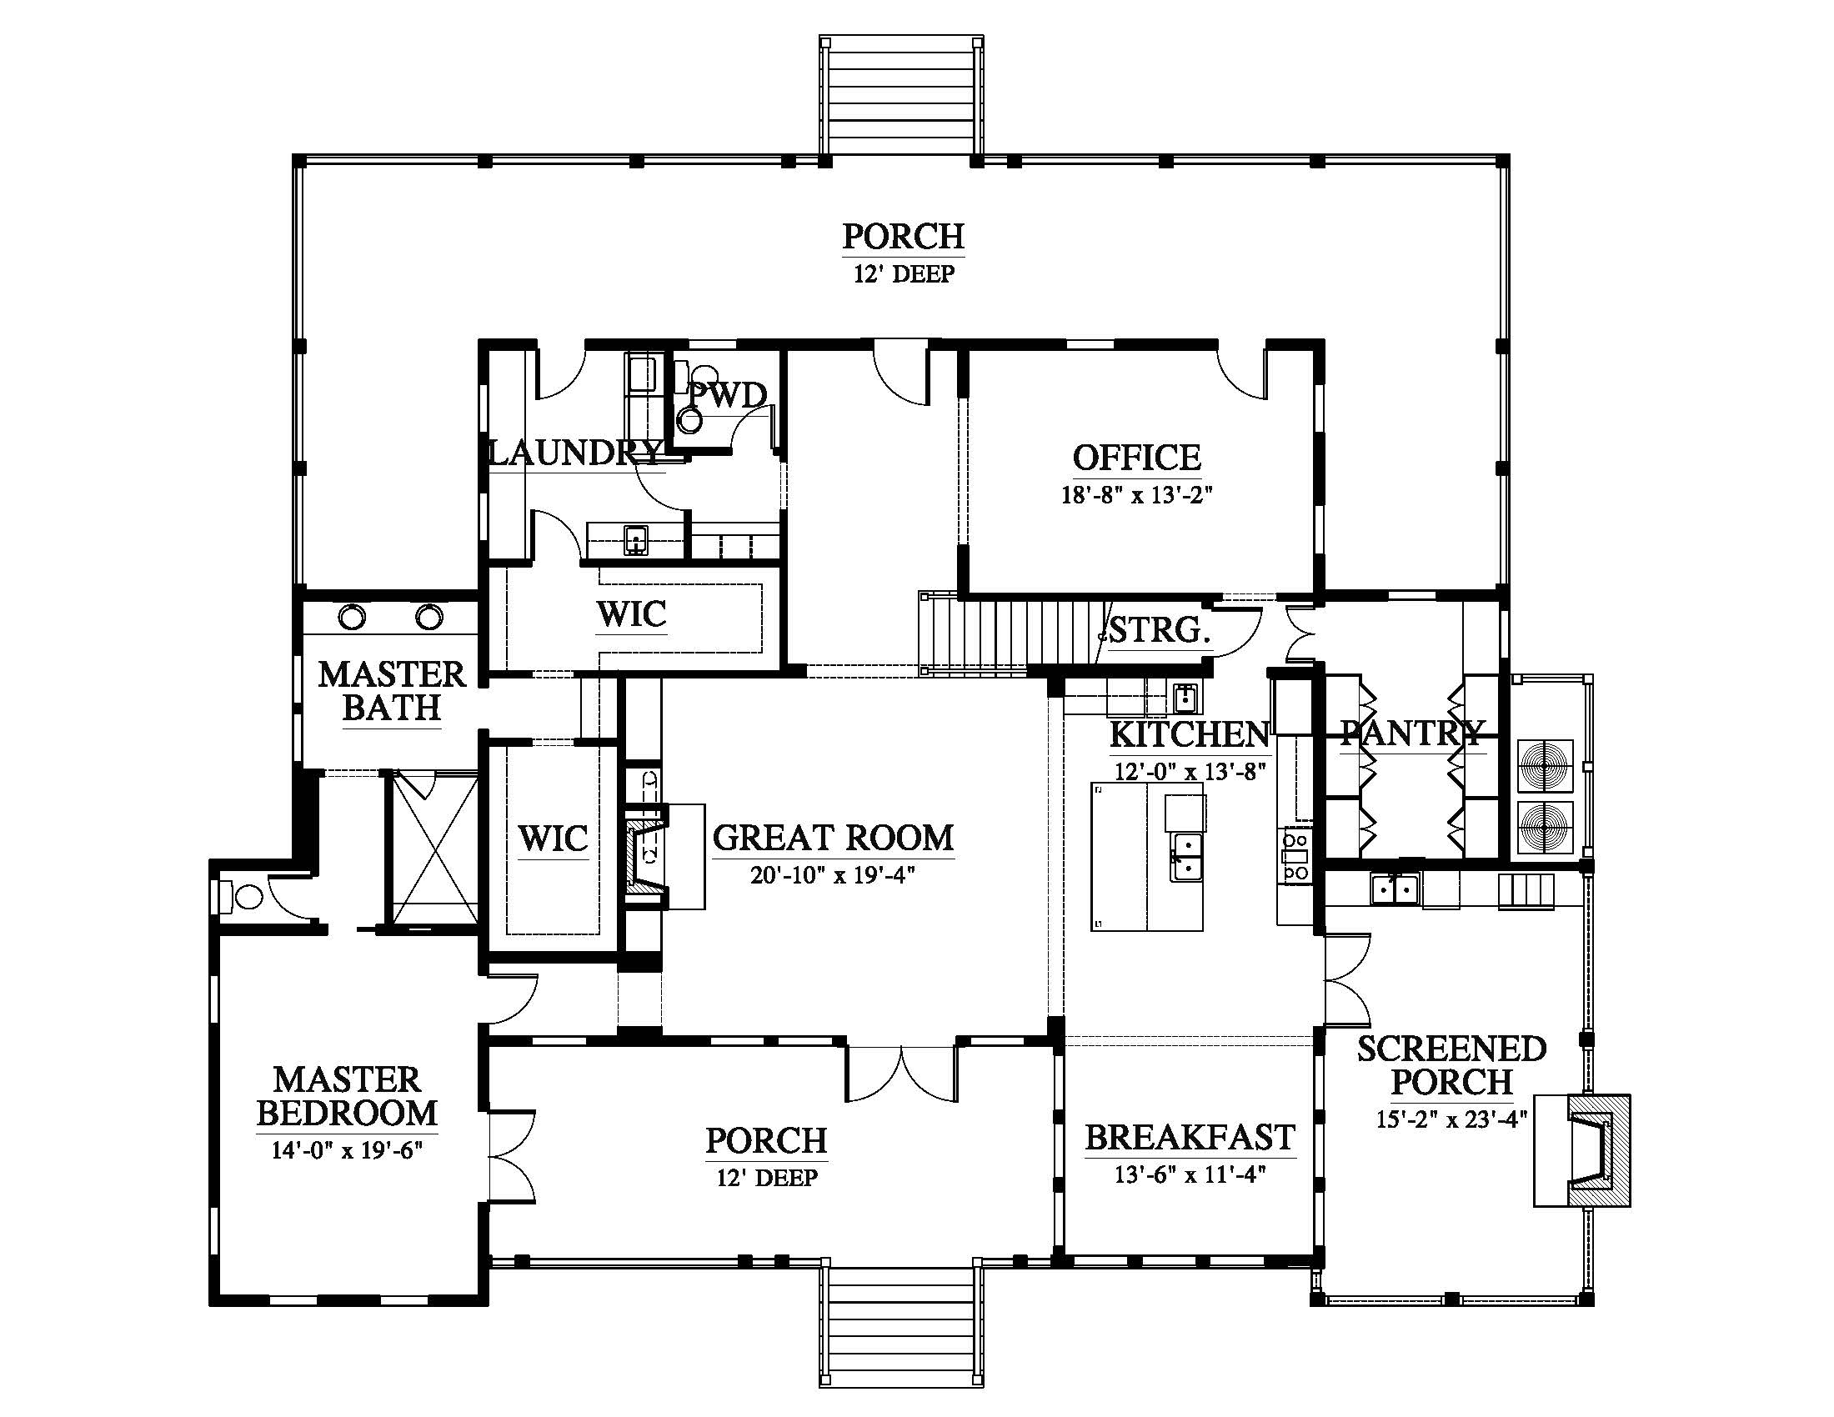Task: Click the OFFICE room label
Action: (1137, 458)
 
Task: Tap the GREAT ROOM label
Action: (833, 838)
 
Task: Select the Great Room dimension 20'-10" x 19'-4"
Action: (832, 875)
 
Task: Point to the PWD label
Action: (728, 395)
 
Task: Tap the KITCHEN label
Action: (1189, 734)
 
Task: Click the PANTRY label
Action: (1412, 734)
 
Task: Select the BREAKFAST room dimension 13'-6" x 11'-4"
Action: (1190, 1174)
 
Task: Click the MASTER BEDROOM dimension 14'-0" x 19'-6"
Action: (346, 1149)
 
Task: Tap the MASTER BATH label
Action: (391, 691)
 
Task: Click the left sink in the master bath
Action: (353, 618)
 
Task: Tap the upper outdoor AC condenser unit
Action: (1546, 764)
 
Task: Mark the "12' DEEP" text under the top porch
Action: (904, 274)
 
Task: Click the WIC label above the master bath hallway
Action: (632, 614)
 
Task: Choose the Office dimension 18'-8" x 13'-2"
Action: (1137, 494)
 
